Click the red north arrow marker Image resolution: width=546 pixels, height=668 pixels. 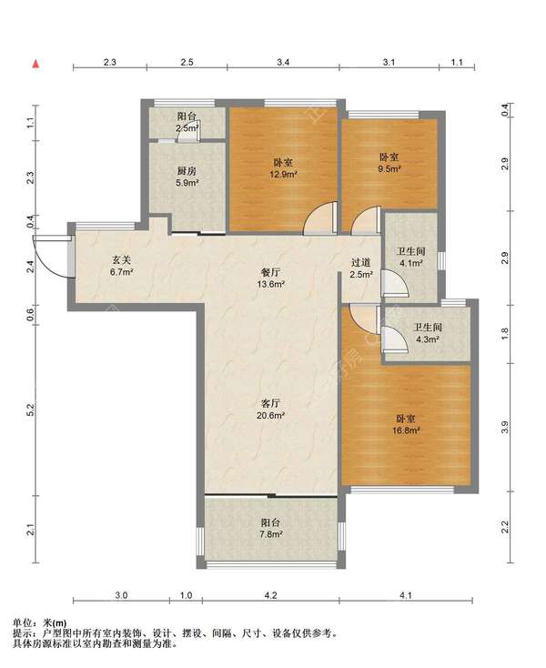[36, 64]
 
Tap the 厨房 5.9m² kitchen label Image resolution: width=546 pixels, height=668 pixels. [187, 177]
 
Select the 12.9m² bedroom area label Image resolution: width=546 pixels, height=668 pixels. [283, 168]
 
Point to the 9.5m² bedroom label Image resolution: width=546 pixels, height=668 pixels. [389, 163]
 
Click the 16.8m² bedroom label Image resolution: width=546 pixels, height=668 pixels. [406, 425]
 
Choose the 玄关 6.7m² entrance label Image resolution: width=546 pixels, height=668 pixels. [122, 266]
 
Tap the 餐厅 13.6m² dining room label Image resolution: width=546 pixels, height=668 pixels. [270, 278]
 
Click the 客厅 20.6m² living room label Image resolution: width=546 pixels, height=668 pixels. [270, 409]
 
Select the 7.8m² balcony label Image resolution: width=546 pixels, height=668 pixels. [271, 528]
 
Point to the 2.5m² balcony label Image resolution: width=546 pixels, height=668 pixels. [187, 122]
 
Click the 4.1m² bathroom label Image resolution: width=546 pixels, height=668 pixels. [411, 258]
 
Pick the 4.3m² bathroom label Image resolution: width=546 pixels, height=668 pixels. [428, 333]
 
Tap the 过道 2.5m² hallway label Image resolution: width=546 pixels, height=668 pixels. [361, 268]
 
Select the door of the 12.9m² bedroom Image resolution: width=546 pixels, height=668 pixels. [320, 219]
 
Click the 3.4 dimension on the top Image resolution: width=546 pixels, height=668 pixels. [283, 62]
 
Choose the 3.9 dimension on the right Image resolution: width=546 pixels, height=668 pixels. [505, 427]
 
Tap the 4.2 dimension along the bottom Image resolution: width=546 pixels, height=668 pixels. [270, 595]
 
